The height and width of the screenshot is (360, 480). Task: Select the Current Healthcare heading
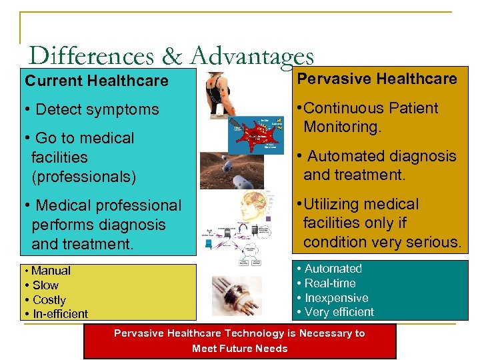(x=97, y=81)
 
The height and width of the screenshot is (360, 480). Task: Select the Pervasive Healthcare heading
(x=377, y=79)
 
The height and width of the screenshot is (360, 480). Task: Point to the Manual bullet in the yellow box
(x=50, y=271)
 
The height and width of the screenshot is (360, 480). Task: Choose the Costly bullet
(x=49, y=300)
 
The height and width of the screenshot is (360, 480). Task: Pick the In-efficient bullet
(x=59, y=314)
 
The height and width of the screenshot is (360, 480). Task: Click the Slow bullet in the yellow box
(x=45, y=285)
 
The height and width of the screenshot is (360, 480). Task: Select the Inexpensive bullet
(x=336, y=298)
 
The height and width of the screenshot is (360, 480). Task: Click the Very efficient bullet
(x=339, y=312)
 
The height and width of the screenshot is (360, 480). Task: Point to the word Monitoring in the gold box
(x=341, y=127)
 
